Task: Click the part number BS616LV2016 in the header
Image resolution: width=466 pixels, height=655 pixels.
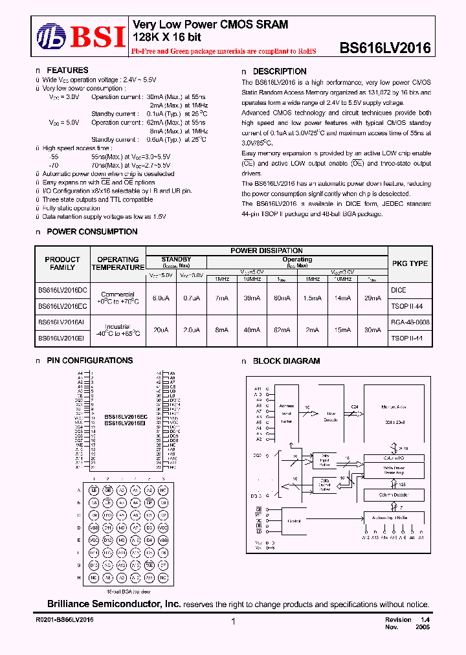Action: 385,48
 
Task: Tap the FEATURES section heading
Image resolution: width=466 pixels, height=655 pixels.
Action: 67,71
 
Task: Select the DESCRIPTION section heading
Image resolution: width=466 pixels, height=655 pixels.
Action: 279,71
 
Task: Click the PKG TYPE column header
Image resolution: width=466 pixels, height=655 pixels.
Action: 410,263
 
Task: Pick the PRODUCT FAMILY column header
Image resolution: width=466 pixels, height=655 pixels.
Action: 62,263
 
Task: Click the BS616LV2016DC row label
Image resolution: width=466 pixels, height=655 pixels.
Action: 62,289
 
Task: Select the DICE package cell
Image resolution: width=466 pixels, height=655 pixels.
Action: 399,290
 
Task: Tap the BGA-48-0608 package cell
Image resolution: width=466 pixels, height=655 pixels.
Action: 410,322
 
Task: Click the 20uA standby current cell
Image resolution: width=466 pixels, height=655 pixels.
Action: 161,329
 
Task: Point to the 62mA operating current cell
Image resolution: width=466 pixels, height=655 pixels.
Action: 282,329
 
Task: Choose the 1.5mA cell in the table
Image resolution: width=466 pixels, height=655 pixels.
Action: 312,298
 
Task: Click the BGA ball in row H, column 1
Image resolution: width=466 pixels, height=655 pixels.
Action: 94,576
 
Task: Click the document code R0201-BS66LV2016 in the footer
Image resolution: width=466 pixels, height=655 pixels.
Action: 64,620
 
